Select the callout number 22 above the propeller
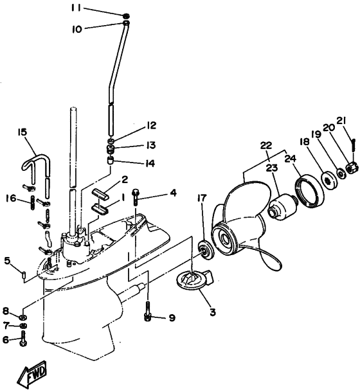(x=265, y=146)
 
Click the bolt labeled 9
(x=148, y=315)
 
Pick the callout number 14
(x=149, y=163)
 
